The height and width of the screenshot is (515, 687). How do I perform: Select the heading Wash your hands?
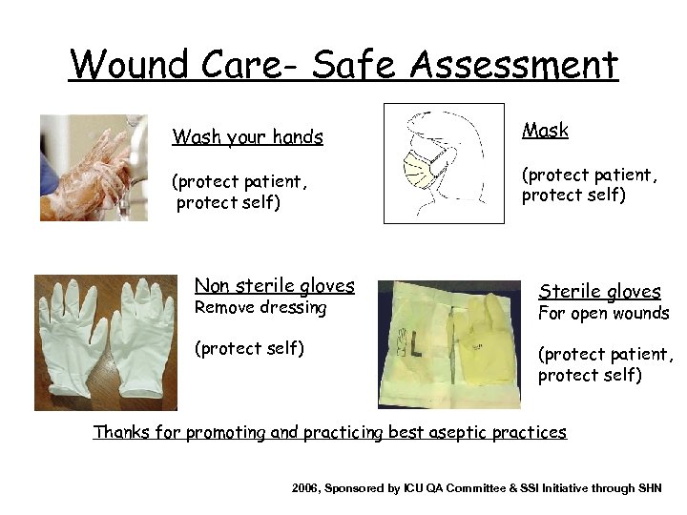[247, 137]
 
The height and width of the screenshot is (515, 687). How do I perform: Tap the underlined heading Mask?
[545, 131]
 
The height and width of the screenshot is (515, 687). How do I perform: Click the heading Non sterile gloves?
[274, 285]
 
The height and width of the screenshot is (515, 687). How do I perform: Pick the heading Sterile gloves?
[599, 292]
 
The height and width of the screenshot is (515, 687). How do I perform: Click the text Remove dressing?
[260, 308]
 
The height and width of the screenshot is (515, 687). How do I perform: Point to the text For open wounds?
[602, 314]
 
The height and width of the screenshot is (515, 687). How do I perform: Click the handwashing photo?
[94, 168]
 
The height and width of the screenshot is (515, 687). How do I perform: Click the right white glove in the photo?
[140, 339]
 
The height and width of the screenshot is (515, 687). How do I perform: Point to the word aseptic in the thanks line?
[458, 432]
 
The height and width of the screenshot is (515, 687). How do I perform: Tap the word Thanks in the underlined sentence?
[121, 432]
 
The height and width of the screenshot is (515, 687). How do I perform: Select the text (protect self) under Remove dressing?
[248, 348]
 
